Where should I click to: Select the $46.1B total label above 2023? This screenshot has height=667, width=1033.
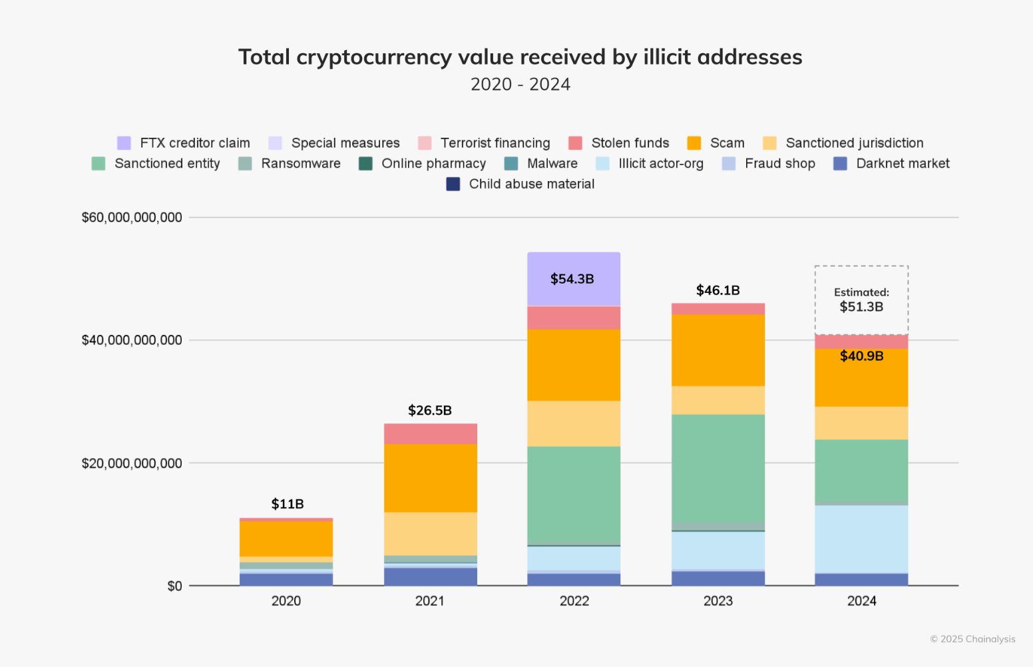pos(718,290)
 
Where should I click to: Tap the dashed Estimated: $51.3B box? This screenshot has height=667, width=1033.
pos(861,300)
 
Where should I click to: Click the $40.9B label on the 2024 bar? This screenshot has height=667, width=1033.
pos(861,356)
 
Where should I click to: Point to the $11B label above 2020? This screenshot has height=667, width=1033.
pos(287,504)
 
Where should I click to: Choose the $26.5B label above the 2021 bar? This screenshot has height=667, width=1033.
pos(430,410)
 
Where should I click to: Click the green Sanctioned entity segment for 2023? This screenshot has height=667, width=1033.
pos(718,469)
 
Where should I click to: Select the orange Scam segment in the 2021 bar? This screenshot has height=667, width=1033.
pos(430,477)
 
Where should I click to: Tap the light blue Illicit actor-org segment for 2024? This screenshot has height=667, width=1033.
pos(861,539)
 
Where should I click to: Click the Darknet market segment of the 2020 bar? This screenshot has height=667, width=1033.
pos(286,579)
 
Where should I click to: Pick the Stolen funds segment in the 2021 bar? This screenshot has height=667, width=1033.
pos(430,433)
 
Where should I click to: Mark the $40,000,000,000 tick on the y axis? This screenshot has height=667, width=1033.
pos(132,340)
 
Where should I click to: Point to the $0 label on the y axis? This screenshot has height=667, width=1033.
pos(174,586)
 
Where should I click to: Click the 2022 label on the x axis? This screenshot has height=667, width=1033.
pos(574,601)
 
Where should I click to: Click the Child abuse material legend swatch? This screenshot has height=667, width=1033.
pos(453,184)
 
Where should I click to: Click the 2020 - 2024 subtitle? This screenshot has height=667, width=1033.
pos(520,85)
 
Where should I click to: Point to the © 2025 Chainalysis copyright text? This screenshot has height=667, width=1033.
pos(972,639)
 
